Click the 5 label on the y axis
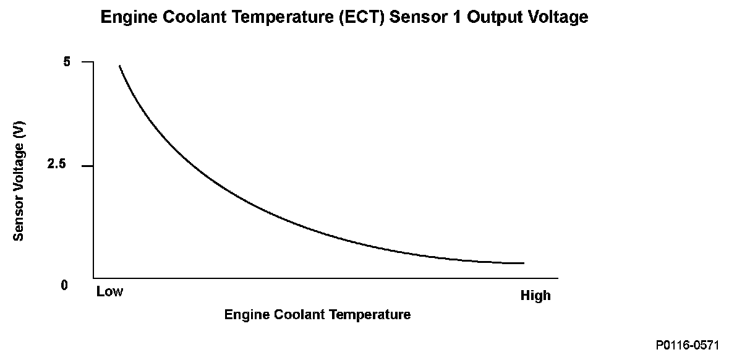coord(67,62)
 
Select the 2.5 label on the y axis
coord(64,165)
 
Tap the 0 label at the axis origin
coord(64,285)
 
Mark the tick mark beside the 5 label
coord(87,62)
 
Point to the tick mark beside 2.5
coord(87,166)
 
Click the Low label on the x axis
coord(109,291)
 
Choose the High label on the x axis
coord(535,296)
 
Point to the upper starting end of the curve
coord(119,66)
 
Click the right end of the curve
coord(523,263)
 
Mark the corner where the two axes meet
coord(93,278)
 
